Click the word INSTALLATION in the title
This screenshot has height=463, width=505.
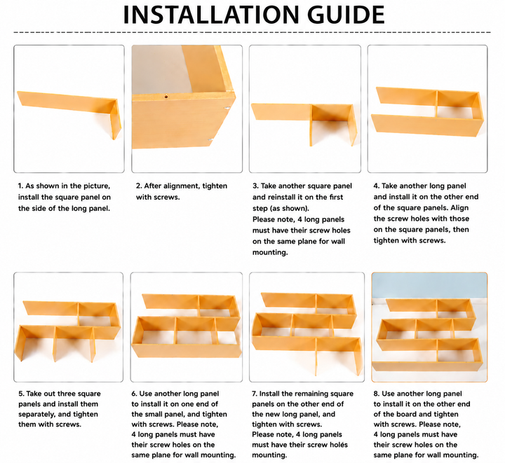[212, 15]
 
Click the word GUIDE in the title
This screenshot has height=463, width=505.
[346, 15]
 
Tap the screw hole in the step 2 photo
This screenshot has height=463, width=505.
[166, 96]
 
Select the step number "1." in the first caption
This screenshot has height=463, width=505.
[20, 186]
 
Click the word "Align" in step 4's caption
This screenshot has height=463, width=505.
[459, 208]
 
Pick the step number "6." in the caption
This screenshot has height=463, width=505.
[134, 394]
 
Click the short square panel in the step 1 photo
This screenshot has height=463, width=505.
[116, 119]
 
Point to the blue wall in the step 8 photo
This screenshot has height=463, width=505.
[429, 286]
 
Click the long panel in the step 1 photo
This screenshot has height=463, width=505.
[66, 101]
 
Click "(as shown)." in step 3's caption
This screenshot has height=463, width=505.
[281, 208]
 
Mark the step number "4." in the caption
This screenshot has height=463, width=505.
[377, 186]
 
